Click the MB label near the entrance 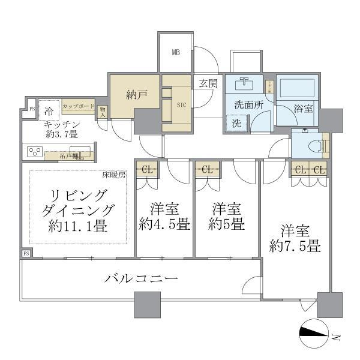coord(176,52)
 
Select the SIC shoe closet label coord(182,104)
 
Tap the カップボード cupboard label coord(78,106)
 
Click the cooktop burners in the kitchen coord(35,151)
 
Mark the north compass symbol coord(314,334)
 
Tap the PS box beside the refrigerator coord(31,110)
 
